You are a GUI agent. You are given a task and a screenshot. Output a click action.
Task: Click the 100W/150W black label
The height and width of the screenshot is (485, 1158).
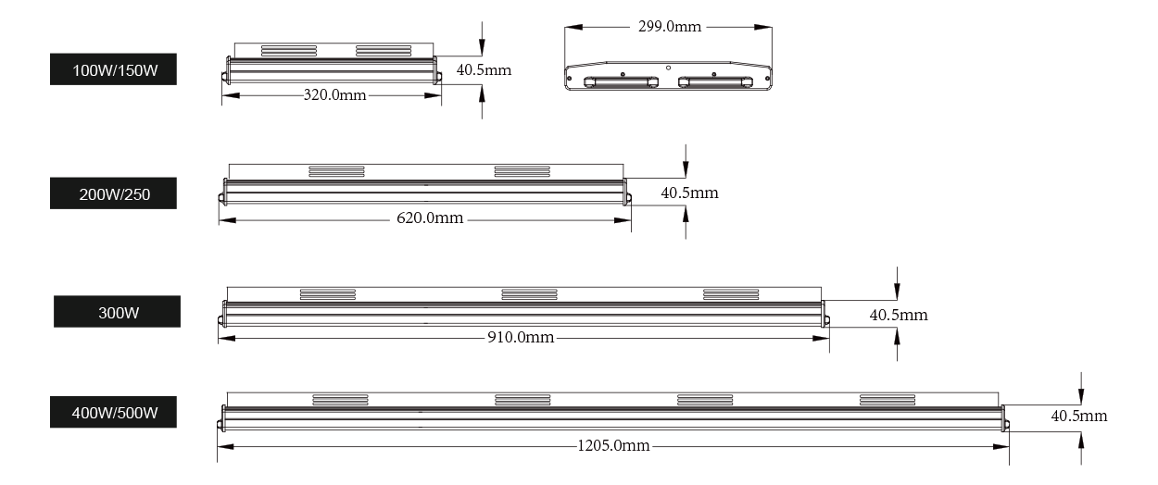113,69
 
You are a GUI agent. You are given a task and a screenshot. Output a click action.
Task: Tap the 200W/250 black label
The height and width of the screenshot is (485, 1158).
113,193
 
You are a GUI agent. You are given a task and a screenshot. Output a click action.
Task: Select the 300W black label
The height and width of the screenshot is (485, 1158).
118,311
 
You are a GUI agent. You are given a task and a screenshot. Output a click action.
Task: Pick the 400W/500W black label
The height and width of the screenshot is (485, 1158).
113,412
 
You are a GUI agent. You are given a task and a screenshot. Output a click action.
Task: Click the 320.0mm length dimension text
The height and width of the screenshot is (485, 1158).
334,95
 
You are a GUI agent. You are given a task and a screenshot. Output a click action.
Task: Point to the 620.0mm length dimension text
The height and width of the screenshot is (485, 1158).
430,218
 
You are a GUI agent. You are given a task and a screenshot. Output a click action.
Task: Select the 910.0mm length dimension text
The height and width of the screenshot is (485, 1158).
521,337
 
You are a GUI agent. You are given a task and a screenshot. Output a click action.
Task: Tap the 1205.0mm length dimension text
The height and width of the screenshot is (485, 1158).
613,445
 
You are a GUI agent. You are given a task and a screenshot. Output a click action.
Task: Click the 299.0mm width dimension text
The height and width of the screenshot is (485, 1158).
670,26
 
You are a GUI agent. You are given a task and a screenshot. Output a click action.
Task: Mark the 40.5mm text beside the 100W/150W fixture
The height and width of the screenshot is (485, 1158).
484,69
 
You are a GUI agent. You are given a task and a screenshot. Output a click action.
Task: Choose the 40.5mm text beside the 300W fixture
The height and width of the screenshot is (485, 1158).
899,315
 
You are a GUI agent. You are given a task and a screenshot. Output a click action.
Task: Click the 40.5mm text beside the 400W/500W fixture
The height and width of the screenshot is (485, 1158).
1079,416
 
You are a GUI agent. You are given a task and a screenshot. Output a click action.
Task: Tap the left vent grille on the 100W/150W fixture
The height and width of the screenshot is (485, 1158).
289,51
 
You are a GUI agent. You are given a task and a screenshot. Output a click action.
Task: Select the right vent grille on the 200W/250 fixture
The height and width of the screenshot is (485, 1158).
522,171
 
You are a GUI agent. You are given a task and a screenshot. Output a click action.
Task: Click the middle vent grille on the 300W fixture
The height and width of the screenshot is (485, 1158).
529,294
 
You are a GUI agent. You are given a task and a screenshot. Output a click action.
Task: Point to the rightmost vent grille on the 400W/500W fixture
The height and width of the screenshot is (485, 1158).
887,400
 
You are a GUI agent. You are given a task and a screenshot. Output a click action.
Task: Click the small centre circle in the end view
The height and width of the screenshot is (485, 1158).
669,68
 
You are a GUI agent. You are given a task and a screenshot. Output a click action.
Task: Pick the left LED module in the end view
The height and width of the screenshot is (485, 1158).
621,82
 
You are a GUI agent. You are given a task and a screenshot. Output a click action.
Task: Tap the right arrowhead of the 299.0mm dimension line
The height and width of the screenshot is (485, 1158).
763,27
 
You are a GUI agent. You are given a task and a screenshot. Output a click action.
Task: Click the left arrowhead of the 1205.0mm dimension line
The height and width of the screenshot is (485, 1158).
226,446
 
